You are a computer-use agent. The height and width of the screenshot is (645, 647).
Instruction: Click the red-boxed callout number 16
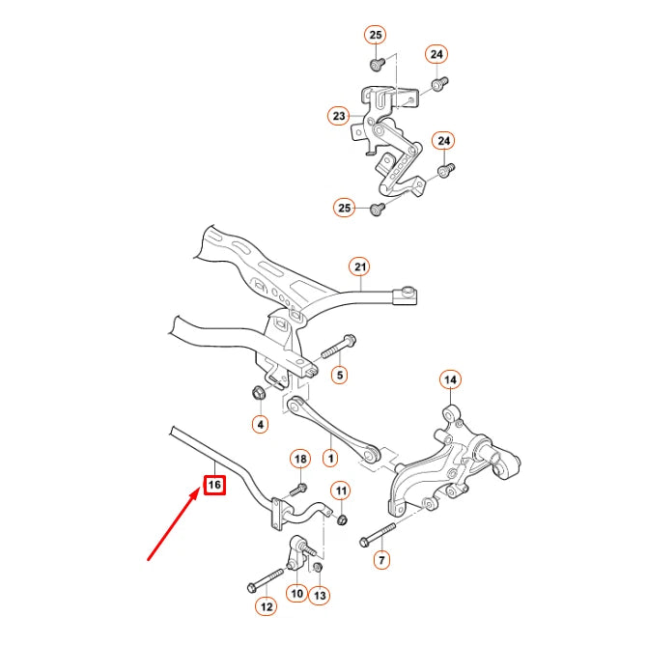click(213, 483)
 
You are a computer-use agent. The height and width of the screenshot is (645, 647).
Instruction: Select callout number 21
click(360, 266)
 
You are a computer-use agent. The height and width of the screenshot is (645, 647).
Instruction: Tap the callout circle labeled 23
click(338, 117)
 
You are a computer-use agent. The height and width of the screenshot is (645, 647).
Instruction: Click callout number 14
click(450, 379)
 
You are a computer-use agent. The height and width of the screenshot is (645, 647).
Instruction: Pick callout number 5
click(340, 374)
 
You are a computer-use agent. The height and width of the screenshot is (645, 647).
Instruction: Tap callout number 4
click(260, 423)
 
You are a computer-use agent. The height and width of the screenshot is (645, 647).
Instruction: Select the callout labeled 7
click(381, 559)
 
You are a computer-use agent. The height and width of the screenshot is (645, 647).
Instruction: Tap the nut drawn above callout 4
click(259, 393)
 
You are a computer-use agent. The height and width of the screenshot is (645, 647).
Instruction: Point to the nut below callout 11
click(342, 520)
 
